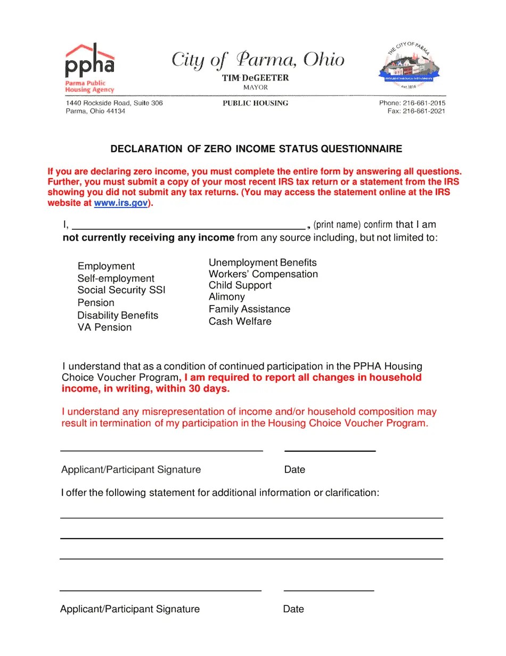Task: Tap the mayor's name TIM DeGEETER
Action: click(255, 78)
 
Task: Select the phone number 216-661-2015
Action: click(423, 103)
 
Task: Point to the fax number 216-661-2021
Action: click(423, 111)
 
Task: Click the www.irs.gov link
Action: click(121, 203)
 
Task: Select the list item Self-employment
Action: click(116, 278)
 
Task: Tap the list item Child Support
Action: click(240, 285)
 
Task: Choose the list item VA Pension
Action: click(104, 327)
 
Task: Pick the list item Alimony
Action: click(227, 297)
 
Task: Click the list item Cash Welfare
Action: click(240, 322)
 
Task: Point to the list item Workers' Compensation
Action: click(263, 274)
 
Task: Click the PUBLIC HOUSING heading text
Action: click(255, 103)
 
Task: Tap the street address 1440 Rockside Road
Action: click(114, 103)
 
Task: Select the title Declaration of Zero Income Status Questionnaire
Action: click(256, 149)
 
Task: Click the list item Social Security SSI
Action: click(121, 290)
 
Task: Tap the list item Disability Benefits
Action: click(118, 315)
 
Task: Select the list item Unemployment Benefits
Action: click(263, 262)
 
